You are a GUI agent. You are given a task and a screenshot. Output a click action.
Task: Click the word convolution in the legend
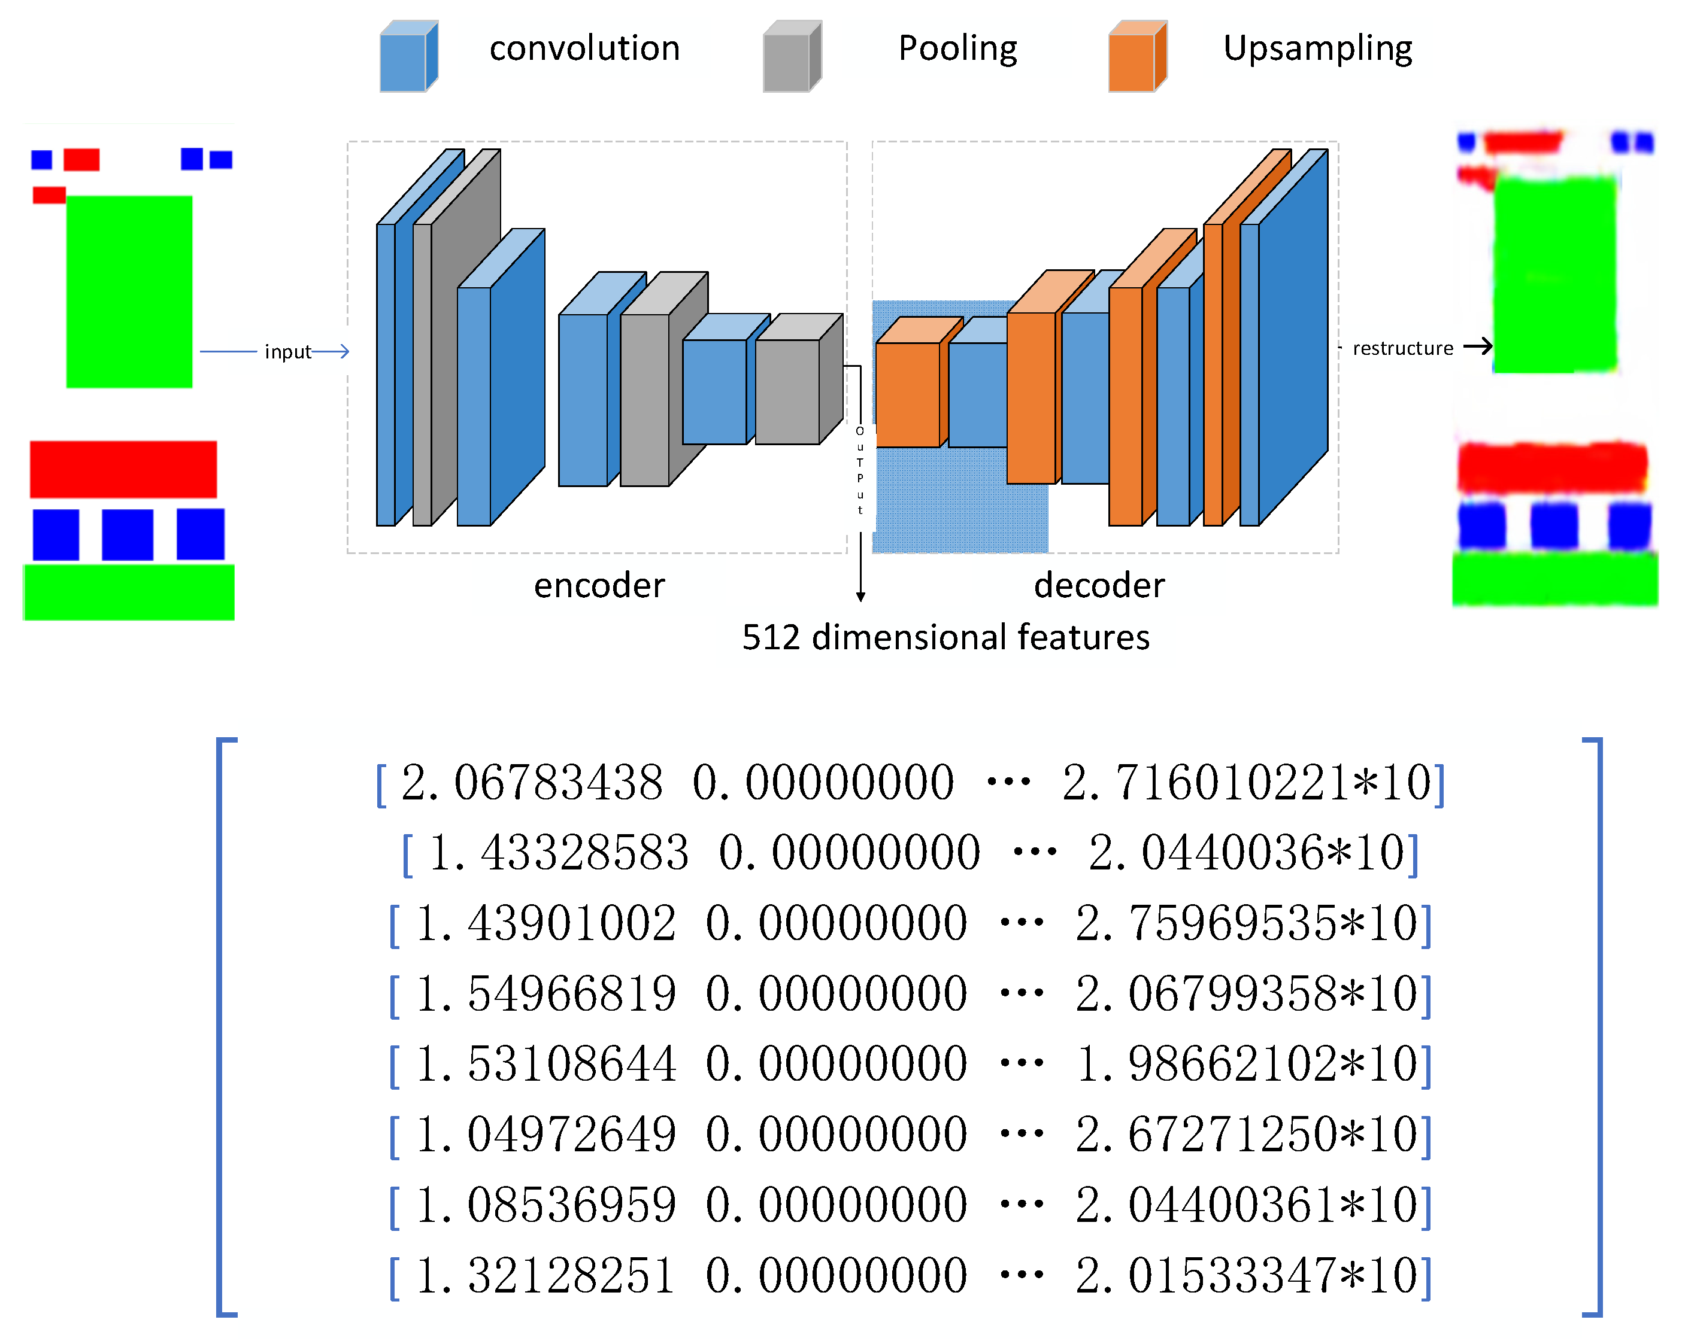pos(584,48)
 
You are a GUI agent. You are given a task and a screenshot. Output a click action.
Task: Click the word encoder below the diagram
pos(599,585)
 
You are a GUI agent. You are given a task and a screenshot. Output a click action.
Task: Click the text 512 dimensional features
pos(945,637)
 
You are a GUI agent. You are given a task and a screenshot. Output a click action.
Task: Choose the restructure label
pos(1402,348)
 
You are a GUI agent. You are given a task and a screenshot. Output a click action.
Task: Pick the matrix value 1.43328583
pos(559,852)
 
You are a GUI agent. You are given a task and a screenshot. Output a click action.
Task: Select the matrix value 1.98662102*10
pos(1246,1063)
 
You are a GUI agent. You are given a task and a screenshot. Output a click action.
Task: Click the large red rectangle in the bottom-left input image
pos(123,469)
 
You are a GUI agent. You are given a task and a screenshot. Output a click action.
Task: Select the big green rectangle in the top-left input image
pos(129,291)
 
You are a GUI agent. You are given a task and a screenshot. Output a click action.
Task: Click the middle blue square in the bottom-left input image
pos(127,535)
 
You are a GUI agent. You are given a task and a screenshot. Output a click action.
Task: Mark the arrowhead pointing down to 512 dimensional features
pos(860,597)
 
